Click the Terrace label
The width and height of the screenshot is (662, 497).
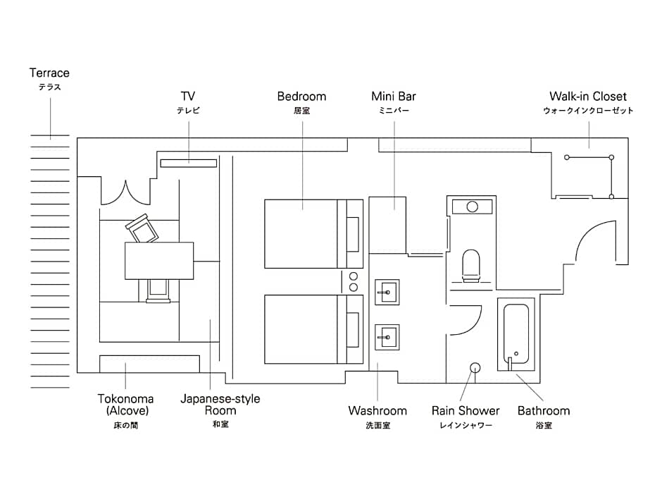49,73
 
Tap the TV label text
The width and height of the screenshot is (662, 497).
188,97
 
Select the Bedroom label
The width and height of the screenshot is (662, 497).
301,97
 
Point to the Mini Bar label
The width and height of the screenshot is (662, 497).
394,97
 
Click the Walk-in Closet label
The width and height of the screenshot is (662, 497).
588,97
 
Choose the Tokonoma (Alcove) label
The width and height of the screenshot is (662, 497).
125,405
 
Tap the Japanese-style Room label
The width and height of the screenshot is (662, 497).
220,405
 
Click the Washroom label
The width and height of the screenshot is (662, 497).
377,410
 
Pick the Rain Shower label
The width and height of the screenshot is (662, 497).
466,410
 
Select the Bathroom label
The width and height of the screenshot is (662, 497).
544,410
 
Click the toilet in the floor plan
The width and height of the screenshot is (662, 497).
470,264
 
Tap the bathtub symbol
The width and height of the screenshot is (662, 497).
516,335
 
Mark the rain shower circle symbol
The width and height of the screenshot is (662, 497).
475,367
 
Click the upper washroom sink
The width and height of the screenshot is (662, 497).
387,291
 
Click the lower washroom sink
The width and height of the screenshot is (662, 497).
387,336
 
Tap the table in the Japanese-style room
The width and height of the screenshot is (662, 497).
159,260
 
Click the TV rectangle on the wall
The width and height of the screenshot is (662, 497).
188,164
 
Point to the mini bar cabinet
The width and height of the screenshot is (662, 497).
387,225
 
